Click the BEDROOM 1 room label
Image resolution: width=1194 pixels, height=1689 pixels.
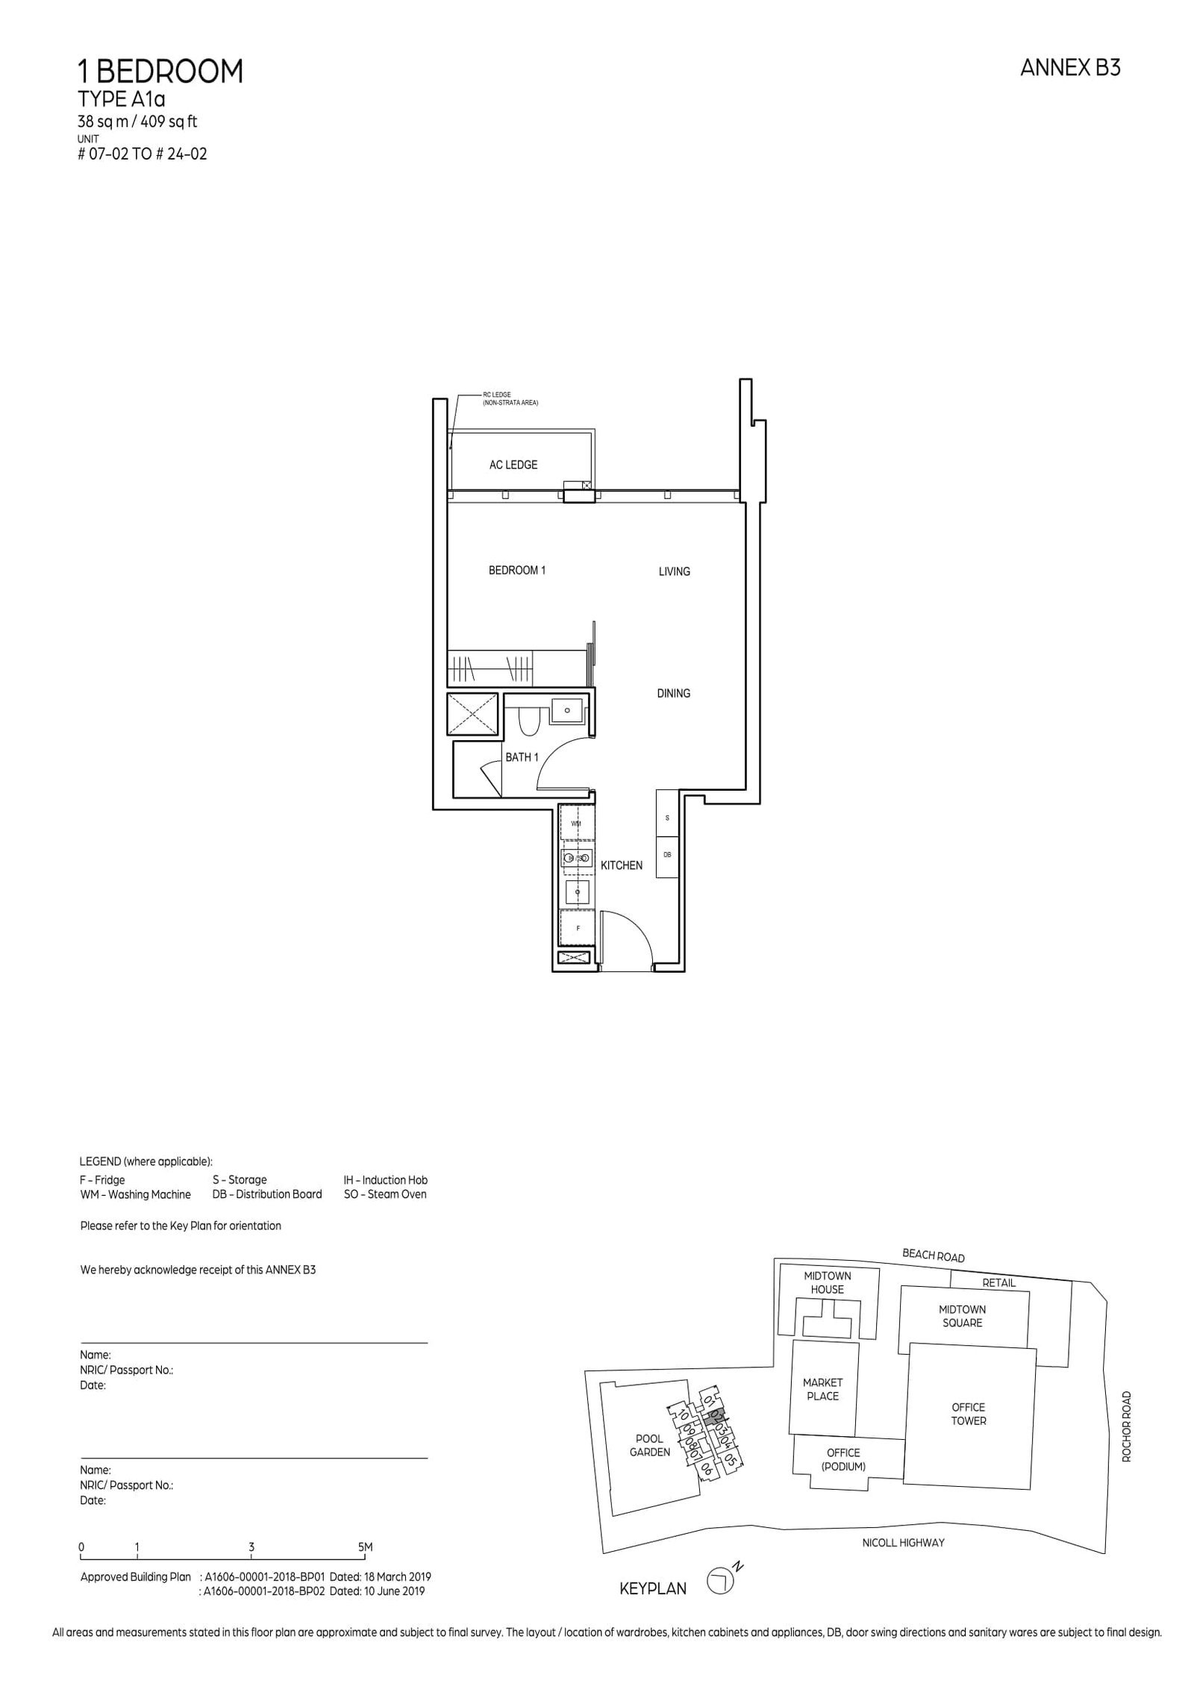[x=516, y=570]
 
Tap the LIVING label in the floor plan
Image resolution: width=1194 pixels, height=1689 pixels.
[x=674, y=571]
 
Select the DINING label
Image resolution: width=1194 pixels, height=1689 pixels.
[x=673, y=693]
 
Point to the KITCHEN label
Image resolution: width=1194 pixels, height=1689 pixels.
[x=621, y=865]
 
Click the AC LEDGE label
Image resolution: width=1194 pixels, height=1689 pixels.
[x=513, y=465]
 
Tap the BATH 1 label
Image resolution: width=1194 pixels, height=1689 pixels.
[x=522, y=757]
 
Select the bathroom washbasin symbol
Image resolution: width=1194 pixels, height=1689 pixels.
[x=568, y=710]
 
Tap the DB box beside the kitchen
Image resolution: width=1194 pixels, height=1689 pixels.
[x=667, y=855]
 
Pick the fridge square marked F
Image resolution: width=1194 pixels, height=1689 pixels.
[x=578, y=929]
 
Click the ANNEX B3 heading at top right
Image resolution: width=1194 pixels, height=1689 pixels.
[x=1069, y=68]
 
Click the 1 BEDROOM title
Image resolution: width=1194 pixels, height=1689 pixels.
[x=160, y=72]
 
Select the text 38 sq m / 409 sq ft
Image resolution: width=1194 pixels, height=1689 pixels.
[x=137, y=122]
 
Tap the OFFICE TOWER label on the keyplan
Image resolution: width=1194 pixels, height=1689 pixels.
[x=968, y=1414]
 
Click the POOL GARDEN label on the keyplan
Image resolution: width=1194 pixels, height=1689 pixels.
[x=649, y=1445]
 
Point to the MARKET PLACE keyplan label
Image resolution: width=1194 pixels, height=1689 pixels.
[x=822, y=1389]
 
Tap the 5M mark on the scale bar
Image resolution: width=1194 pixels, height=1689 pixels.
[x=365, y=1547]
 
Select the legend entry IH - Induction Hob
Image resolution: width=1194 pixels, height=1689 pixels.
[x=385, y=1179]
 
